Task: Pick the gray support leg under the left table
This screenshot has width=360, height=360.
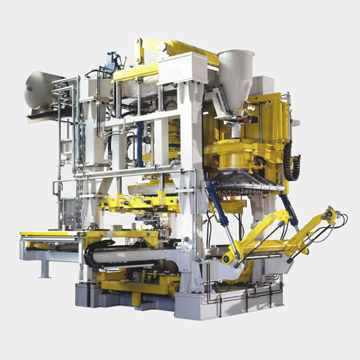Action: [x=46, y=268]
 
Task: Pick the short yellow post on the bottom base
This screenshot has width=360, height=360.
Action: [x=136, y=298]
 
